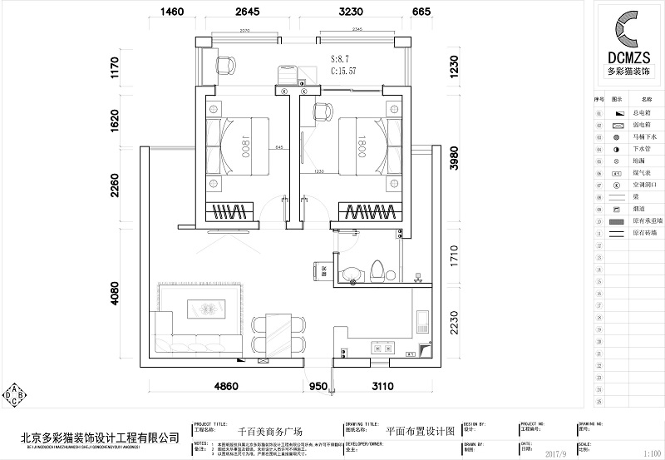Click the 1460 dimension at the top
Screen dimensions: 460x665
[171, 12]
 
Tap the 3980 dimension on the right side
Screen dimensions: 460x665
[454, 155]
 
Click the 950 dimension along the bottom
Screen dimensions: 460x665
[318, 387]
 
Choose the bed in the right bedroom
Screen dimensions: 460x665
[362, 147]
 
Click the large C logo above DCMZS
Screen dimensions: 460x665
[633, 30]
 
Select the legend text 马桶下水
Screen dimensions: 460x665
[645, 136]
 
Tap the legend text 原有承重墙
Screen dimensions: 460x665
[645, 222]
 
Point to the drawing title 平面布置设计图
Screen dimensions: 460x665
[421, 431]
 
